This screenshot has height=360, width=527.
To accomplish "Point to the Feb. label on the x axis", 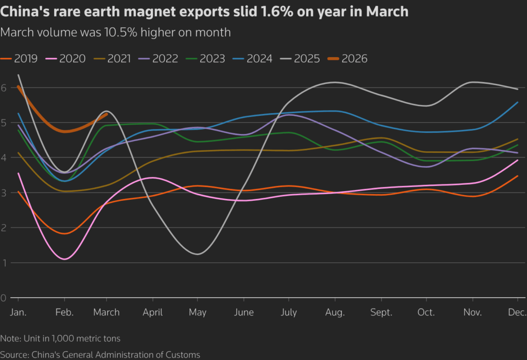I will coord(64,313).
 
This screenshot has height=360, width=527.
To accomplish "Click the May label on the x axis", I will coord(198,313).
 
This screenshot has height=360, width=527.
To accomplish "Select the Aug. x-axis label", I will coord(335,313).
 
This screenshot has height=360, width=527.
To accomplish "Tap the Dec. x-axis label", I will coord(517,313).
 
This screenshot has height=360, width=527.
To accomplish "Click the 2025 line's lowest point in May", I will coord(198,254).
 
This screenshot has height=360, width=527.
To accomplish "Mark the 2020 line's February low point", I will coord(65,259).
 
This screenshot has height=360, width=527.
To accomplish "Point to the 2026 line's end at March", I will coord(107,114).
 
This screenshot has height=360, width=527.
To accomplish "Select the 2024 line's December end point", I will coord(517,102).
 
